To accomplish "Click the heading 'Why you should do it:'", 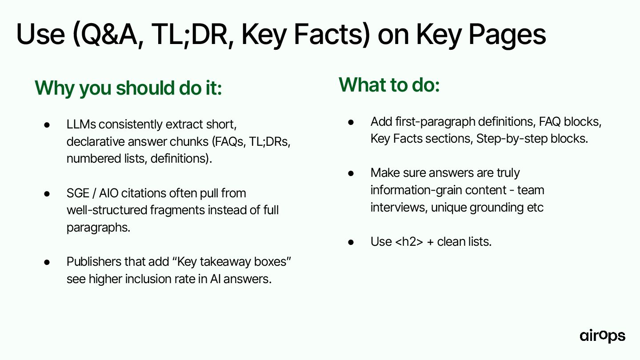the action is (x=128, y=88).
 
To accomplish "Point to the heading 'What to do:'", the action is (x=389, y=85).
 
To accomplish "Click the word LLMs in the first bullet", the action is (x=81, y=124).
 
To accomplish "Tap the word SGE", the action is (x=78, y=193).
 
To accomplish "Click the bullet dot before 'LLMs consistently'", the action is (x=47, y=125).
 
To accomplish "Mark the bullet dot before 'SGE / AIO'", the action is (x=47, y=194).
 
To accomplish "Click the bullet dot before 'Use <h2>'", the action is (x=351, y=242).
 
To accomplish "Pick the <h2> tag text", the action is (x=409, y=242).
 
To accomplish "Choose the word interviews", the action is (x=399, y=208).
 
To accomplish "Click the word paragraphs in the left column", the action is (x=98, y=228).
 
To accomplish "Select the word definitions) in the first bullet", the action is (x=181, y=159).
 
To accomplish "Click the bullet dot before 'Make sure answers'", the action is (x=351, y=173).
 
